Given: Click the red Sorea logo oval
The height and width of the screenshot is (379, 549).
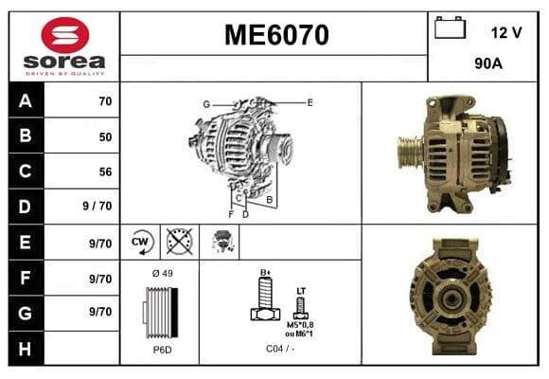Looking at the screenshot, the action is click(65, 35).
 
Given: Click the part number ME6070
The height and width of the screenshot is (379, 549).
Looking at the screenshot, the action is click(276, 35).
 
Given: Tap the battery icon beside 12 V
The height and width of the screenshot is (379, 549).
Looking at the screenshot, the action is click(450, 27).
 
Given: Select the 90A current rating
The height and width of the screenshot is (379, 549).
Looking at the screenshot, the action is click(488, 63).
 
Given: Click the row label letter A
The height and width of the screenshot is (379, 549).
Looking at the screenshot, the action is click(26, 101).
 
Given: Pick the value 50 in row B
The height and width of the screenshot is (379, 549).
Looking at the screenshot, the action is click(105, 136).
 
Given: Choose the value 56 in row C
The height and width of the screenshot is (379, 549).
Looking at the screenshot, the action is click(105, 171).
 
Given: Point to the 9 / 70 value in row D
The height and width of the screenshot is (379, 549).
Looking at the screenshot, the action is click(97, 206).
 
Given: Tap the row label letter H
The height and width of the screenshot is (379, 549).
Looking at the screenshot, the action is click(25, 349).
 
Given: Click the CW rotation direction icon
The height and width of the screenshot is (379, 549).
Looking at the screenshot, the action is click(141, 242).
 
